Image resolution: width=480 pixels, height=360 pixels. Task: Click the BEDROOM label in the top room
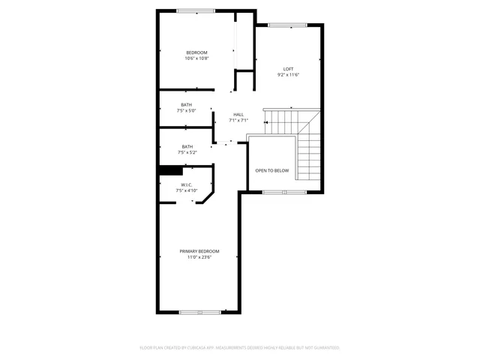coord(196,52)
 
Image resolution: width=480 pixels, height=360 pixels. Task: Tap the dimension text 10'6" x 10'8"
coord(196,58)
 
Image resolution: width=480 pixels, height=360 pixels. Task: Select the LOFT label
coord(288,68)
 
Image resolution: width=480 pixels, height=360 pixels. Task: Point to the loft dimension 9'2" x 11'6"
coord(288,74)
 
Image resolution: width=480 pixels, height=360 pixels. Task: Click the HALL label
coord(238,114)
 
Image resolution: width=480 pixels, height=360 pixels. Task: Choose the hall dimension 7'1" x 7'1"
coord(238,120)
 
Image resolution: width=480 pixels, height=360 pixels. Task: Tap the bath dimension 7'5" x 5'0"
coord(187,110)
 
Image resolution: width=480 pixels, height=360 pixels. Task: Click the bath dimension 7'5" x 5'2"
coord(187,152)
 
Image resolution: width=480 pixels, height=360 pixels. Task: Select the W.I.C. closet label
coord(187,184)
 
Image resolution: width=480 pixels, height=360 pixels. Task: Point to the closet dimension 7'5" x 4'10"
coord(187,190)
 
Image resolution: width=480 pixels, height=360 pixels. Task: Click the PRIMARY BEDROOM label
coord(199,251)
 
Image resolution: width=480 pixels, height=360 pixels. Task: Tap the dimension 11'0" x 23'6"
coord(199,257)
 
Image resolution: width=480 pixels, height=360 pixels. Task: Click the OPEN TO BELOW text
coord(271,170)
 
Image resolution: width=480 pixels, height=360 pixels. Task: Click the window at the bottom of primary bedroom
coord(199,311)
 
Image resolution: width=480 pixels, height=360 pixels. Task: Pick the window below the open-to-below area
coord(283,193)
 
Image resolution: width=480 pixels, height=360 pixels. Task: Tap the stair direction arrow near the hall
coord(265,122)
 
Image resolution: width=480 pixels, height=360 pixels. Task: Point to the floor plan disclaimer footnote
coord(240,347)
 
